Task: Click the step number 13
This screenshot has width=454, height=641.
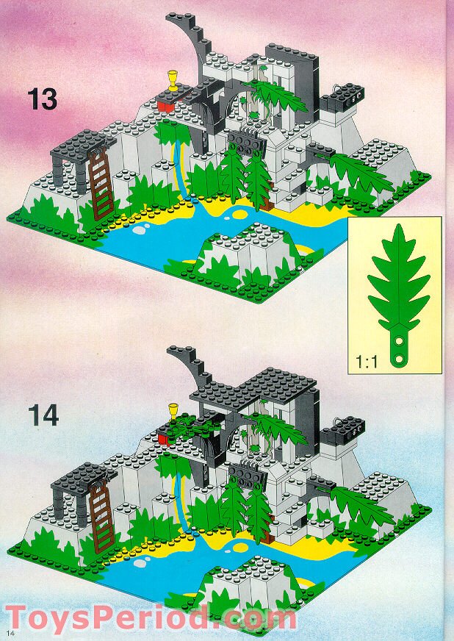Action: [43, 99]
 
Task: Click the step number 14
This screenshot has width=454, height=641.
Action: [43, 415]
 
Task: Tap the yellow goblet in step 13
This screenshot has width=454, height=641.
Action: [173, 79]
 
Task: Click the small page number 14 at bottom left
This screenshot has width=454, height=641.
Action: [10, 633]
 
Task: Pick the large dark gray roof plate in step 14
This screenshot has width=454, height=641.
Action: [264, 386]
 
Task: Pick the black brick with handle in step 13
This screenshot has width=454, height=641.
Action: [342, 96]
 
